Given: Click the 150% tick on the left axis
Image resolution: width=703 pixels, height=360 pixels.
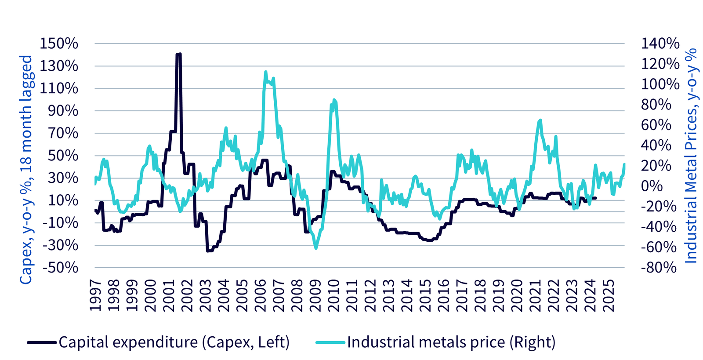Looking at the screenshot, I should pos(59,44).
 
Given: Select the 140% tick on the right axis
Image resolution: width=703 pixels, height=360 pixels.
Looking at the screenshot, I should pos(660,44).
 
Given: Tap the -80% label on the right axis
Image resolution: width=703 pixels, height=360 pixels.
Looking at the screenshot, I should pos(659,267).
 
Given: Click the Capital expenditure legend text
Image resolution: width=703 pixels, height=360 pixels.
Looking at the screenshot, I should pos(174,342).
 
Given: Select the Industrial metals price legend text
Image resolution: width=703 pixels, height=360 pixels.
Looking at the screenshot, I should pos(451,342).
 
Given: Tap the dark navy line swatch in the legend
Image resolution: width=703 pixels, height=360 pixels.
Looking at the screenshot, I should pos(42,342).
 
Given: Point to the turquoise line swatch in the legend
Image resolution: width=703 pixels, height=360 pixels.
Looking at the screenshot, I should pos(330,342).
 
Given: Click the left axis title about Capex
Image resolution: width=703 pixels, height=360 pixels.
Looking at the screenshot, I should pos(26,169).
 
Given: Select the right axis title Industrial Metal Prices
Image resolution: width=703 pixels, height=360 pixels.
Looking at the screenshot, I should pos(691,156).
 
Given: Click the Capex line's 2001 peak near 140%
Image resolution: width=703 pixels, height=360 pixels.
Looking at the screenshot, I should pos(178,55).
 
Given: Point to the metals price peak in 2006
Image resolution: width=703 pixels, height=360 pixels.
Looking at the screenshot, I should pos(266,72).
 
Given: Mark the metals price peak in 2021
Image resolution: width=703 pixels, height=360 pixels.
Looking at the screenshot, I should pos(540,120).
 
